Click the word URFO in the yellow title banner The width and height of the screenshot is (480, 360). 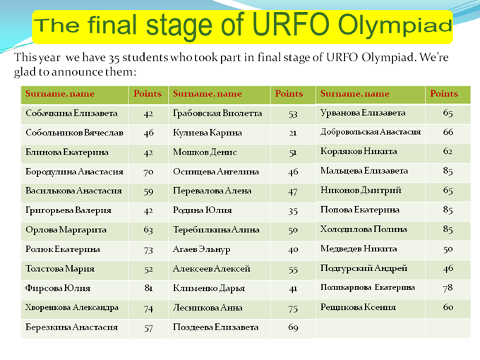pyautogui.click(x=291, y=24)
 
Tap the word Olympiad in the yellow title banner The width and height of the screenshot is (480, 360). pyautogui.click(x=395, y=26)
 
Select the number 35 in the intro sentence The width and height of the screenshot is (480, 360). pyautogui.click(x=114, y=58)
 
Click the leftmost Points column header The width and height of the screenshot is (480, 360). pyautogui.click(x=148, y=94)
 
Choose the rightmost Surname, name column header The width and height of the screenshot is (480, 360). pyautogui.click(x=355, y=94)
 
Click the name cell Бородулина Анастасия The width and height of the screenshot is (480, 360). pyautogui.click(x=74, y=172)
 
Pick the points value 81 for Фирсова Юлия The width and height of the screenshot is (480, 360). pyautogui.click(x=148, y=288)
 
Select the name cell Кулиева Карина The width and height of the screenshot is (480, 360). pyautogui.click(x=208, y=133)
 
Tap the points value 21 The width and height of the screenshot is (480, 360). pyautogui.click(x=293, y=133)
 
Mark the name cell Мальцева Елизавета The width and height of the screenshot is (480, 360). pyautogui.click(x=364, y=171)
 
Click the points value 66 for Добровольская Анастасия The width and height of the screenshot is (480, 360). pyautogui.click(x=448, y=132)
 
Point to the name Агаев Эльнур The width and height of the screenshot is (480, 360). pyautogui.click(x=201, y=250)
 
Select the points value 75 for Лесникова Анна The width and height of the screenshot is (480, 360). pyautogui.click(x=293, y=308)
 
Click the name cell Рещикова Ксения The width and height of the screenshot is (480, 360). pyautogui.click(x=358, y=307)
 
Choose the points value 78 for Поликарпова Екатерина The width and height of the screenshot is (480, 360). pyautogui.click(x=448, y=288)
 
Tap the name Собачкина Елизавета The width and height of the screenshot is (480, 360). pyautogui.click(x=71, y=113)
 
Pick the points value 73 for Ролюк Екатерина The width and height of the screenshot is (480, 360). pyautogui.click(x=148, y=250)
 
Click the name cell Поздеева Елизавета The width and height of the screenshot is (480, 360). pyautogui.click(x=216, y=328)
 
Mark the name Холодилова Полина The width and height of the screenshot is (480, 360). pyautogui.click(x=364, y=229)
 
